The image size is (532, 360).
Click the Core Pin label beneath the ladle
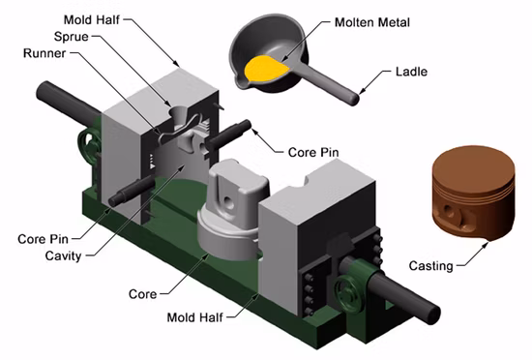pyautogui.click(x=314, y=152)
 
